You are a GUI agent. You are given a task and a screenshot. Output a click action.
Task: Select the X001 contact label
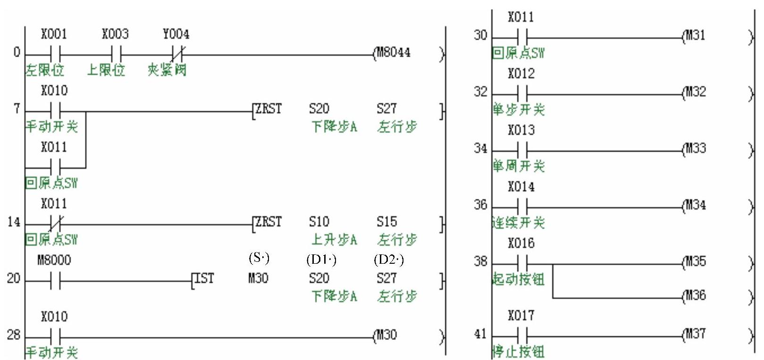coord(54,34)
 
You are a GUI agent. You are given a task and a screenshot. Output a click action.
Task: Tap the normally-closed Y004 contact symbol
coord(176,52)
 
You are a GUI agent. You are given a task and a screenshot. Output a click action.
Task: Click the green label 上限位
coord(106,70)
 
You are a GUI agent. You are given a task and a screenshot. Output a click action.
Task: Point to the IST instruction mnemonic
coord(204,278)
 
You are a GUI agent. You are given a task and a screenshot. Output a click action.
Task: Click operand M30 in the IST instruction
coord(258,278)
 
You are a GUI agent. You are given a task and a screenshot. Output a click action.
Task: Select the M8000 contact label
coord(54,260)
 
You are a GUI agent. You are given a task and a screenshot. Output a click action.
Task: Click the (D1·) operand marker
coord(321,259)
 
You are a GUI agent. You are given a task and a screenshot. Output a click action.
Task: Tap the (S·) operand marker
coord(259,258)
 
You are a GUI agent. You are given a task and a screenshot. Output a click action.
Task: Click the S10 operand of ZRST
coord(319,222)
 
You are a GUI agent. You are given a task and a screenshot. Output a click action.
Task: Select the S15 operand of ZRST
coord(386,222)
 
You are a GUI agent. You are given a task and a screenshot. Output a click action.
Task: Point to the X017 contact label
coord(521,315)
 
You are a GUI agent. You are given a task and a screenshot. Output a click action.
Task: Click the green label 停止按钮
coord(519,352)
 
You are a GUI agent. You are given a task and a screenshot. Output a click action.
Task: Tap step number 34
coord(480,149)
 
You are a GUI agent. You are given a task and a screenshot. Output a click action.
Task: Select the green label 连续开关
coord(519,223)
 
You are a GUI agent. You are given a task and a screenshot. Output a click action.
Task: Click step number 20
coord(13,279)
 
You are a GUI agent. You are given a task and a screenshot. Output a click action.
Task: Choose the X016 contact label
coord(521,243)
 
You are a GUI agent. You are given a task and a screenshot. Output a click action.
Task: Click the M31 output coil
coord(695,35)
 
